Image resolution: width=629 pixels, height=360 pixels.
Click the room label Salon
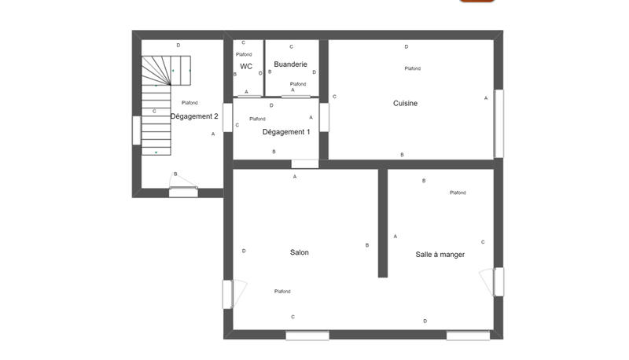tap(299, 252)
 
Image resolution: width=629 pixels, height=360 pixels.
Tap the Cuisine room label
tap(405, 103)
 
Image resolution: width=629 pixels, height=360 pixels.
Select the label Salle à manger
tap(440, 254)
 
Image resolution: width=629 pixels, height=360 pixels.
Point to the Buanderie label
tap(290, 64)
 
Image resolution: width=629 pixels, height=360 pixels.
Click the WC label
tap(246, 66)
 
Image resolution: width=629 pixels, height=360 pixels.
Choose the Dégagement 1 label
tap(285, 131)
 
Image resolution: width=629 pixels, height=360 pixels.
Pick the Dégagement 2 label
tap(194, 116)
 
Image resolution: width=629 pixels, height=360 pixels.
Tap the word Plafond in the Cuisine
tap(412, 68)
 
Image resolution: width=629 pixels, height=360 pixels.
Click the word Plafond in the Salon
tap(282, 292)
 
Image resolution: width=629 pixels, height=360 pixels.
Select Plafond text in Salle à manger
tap(458, 193)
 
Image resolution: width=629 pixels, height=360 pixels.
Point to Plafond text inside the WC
tap(244, 54)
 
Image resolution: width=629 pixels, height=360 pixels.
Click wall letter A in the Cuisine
tap(486, 97)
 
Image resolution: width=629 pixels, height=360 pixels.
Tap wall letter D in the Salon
tap(244, 251)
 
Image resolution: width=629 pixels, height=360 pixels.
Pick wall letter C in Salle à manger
tap(483, 242)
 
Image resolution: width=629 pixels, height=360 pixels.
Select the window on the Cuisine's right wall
tap(498, 123)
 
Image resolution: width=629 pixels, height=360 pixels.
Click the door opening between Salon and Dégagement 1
tap(304, 164)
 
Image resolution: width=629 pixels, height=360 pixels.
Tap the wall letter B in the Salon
tap(367, 245)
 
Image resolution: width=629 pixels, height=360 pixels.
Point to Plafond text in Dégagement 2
tap(189, 103)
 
